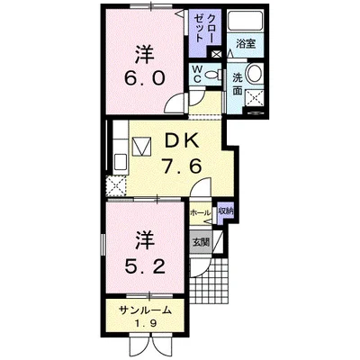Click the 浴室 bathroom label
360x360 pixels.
click(x=246, y=44)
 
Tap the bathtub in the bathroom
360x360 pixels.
click(x=246, y=21)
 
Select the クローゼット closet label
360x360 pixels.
click(x=204, y=29)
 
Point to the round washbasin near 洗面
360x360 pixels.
click(x=255, y=74)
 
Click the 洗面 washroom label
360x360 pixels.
click(x=238, y=85)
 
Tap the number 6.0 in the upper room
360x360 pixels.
click(x=145, y=78)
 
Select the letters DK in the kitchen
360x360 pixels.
click(x=182, y=140)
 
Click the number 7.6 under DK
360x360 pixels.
click(x=181, y=166)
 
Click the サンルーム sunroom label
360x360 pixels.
click(x=145, y=310)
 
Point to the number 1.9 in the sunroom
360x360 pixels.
click(x=145, y=324)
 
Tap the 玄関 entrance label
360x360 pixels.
click(x=201, y=242)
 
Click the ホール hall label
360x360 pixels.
click(x=200, y=213)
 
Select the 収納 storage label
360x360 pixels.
click(x=226, y=211)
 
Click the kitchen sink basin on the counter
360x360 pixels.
click(x=121, y=163)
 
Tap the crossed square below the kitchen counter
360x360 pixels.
click(x=116, y=186)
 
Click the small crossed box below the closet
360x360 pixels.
click(x=216, y=55)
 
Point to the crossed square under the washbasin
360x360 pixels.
click(x=255, y=98)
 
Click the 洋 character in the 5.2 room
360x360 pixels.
click(x=145, y=241)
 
